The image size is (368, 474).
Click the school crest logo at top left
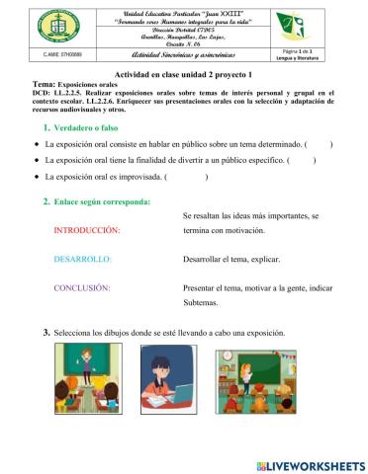[x=37, y=24]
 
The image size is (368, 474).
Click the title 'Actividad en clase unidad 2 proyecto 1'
[x=185, y=75]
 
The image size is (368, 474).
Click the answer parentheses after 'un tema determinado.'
[x=319, y=144]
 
